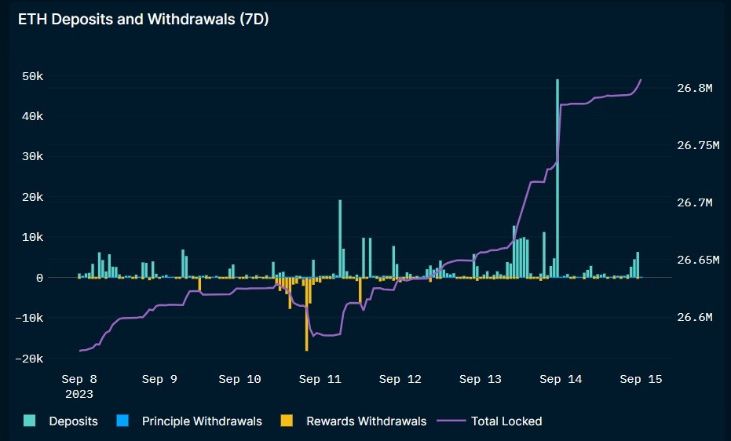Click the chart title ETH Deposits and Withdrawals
(126, 19)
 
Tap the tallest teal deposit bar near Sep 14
(557, 178)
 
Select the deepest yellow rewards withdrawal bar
(306, 315)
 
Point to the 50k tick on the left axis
(33, 76)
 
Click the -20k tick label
(29, 359)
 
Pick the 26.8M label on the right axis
(695, 88)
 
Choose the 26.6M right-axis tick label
(695, 317)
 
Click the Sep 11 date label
(320, 379)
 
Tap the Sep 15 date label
(641, 379)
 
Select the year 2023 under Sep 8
(79, 394)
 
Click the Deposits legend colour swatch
(29, 421)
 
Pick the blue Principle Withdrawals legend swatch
(122, 421)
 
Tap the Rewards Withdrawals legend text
(367, 421)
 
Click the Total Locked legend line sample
(451, 421)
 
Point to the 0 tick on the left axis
(39, 278)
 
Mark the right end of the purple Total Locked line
(641, 79)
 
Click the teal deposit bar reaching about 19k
(340, 239)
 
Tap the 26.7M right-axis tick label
(695, 202)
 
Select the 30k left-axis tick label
(33, 156)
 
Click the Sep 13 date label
(481, 379)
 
